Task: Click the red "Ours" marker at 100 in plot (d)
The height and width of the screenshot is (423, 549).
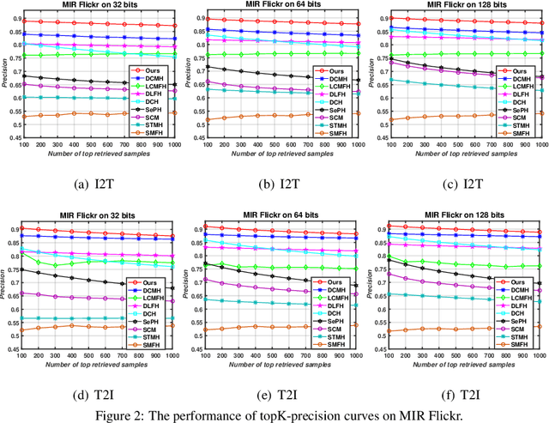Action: [x=23, y=229]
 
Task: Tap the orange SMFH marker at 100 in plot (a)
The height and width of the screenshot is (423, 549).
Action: [x=23, y=116]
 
